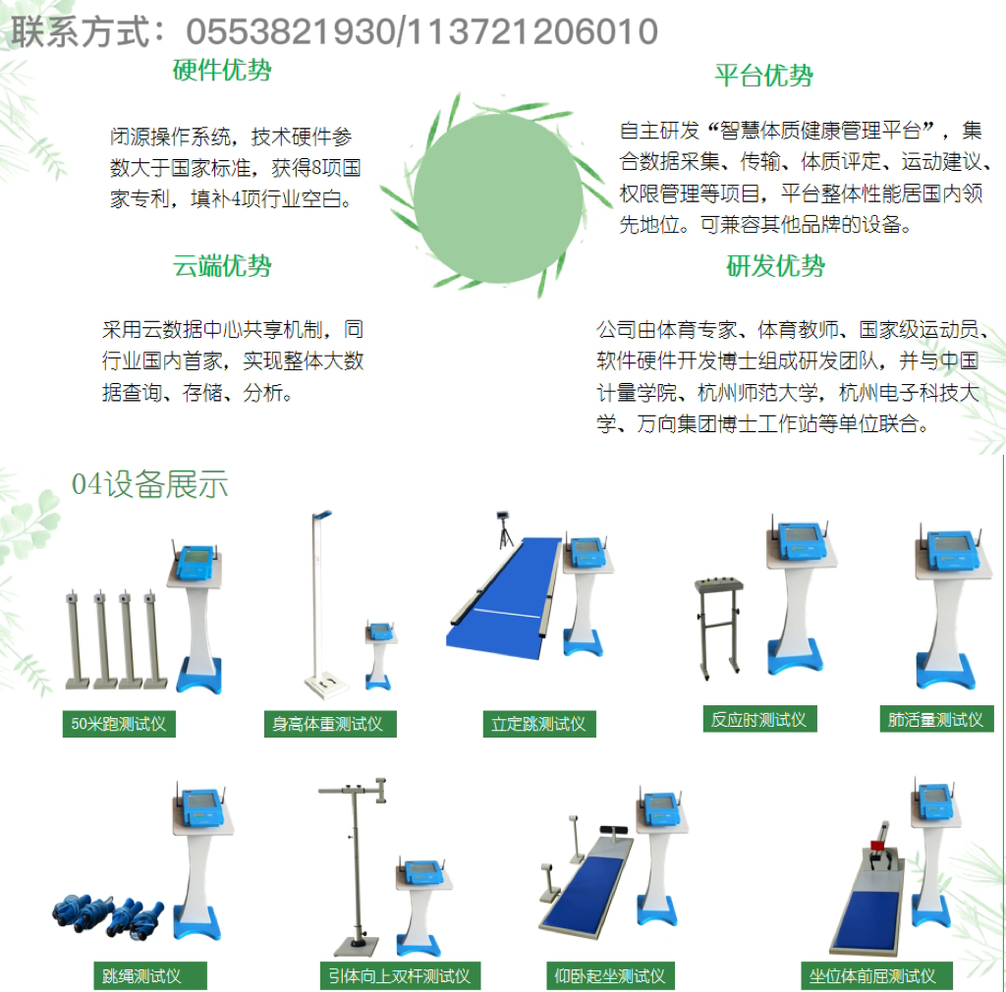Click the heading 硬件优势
point(222,70)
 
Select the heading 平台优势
point(764,76)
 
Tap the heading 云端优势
point(222,265)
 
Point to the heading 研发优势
point(775,265)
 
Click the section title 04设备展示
point(149,484)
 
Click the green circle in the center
point(498,198)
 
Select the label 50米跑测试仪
point(119,724)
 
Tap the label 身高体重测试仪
point(330,724)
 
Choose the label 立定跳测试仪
point(539,724)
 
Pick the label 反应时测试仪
point(759,720)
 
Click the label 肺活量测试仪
point(936,720)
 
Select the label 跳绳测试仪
point(150,976)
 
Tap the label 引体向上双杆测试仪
point(400,976)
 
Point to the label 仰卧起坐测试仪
point(610,976)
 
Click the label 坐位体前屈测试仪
point(875,976)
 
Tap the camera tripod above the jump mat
point(505,529)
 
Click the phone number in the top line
point(422,31)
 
